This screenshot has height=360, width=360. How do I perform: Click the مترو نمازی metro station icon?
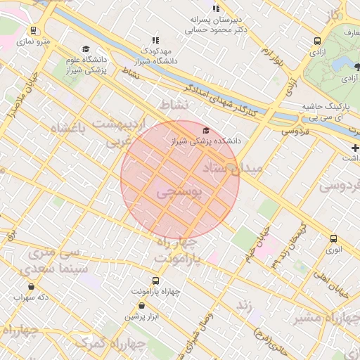point(34,31)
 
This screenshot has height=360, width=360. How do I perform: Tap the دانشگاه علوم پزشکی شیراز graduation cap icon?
point(86,49)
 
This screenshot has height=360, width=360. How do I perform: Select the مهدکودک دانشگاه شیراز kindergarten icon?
point(155,41)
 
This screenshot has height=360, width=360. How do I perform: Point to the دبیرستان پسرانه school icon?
point(217,9)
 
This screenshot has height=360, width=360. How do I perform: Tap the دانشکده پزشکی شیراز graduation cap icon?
point(206,131)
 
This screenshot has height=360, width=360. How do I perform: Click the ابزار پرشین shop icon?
point(143,306)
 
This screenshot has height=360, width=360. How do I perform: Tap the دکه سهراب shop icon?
point(31,287)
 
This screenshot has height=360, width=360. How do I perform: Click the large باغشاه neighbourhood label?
point(70,127)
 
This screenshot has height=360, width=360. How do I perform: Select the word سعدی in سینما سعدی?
point(27,269)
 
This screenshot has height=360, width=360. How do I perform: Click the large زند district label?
point(243,305)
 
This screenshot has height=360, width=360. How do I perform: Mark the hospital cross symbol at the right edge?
point(355,148)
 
